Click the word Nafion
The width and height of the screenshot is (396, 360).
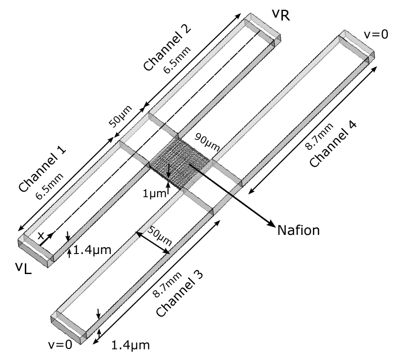coord(298,231)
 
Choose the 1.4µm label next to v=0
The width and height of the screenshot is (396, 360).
coord(130,345)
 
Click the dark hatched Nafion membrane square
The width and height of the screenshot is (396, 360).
coord(180,162)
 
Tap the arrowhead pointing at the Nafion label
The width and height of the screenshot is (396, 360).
coord(271,223)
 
